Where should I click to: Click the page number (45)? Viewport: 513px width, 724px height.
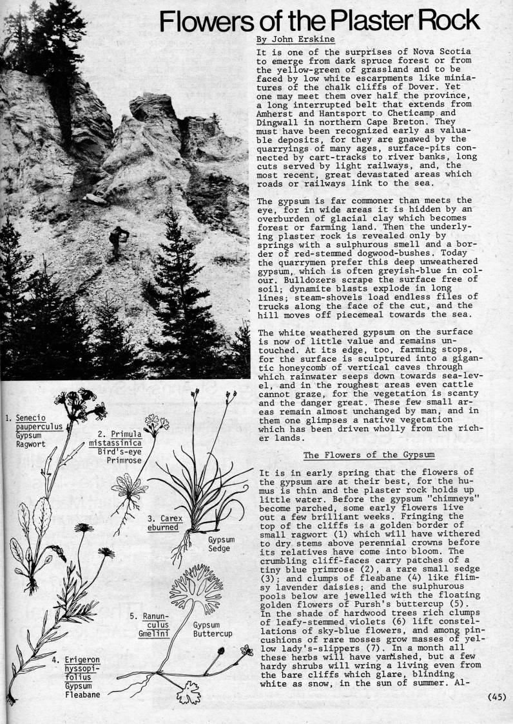coord(498,696)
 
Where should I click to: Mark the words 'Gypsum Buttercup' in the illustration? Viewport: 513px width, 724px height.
coord(211,629)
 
